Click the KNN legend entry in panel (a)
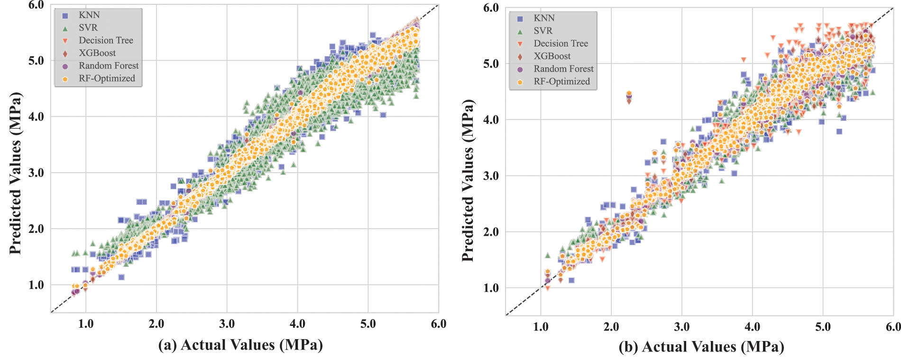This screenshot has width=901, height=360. pos(89,15)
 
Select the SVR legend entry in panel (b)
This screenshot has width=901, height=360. pos(543,31)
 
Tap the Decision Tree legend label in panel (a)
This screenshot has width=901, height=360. pos(106,40)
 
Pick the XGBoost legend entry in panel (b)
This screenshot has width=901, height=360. pos(552,56)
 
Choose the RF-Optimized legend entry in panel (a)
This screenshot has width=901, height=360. pos(107,78)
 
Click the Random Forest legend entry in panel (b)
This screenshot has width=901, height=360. pos(563,69)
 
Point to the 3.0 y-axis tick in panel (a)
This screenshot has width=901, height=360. pos(36,173)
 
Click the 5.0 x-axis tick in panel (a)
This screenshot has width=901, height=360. pos(368,324)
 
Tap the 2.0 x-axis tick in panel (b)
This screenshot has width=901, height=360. pos(611,327)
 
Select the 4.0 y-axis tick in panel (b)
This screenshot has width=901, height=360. pos(491,120)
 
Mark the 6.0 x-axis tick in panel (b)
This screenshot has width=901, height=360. pos(893,327)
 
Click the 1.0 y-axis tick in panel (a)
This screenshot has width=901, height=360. pos(36,285)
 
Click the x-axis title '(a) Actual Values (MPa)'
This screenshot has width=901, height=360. pos(240,345)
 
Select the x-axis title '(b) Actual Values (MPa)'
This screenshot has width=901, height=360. pos(701,347)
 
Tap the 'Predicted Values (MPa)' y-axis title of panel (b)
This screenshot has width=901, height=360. pos(468,180)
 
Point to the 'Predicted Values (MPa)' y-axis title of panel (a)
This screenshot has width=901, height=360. pos(16,173)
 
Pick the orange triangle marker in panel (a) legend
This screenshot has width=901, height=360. pos(65,41)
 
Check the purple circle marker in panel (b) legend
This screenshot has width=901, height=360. pos(520,69)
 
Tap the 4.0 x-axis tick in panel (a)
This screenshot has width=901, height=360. pos(297,324)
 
